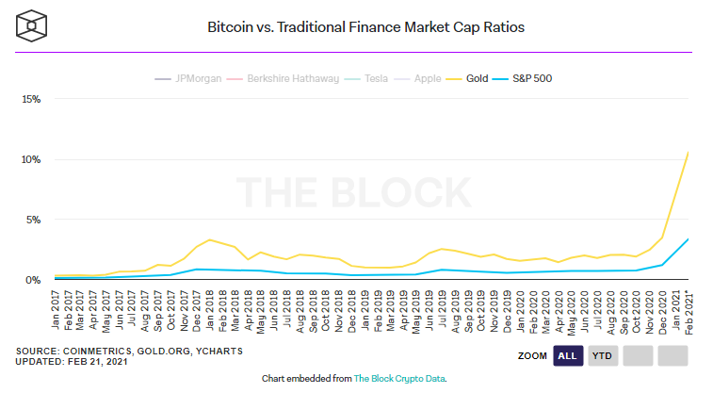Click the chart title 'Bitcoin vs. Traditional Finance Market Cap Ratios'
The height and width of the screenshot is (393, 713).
pos(365,27)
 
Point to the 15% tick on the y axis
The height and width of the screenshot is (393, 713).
pos(31,99)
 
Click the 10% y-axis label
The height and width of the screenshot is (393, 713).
pos(31,159)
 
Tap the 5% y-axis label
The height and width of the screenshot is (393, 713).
pos(33,220)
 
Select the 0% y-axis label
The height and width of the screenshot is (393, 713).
pos(33,280)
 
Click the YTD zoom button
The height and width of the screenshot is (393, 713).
pos(601,355)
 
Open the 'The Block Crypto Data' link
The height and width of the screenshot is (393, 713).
pos(398,379)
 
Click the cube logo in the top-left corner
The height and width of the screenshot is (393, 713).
pos(33,26)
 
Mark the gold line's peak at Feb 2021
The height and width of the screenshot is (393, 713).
pos(689,152)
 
